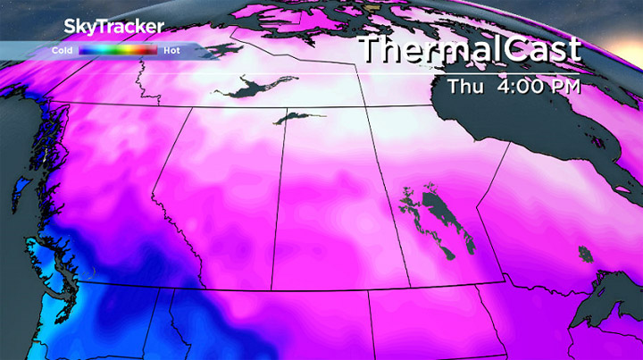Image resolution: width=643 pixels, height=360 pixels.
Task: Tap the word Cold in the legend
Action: click(63, 51)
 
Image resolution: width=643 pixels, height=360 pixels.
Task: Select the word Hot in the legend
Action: click(172, 51)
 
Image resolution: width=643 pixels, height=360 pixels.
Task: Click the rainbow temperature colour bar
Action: click(117, 51)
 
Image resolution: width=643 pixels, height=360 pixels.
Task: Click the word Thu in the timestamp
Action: click(465, 87)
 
